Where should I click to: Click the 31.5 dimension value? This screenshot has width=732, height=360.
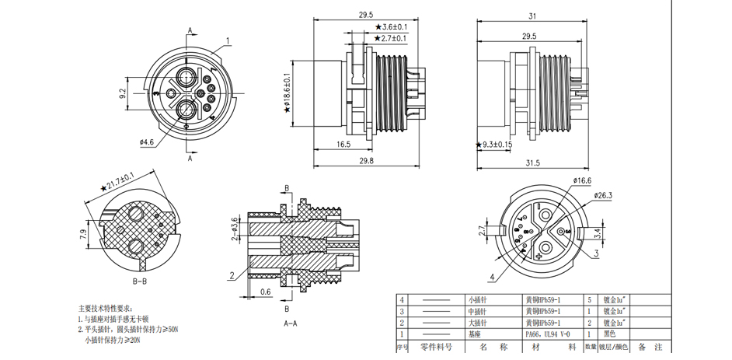(x=532, y=162)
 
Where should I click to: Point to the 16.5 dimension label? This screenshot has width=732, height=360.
(x=343, y=145)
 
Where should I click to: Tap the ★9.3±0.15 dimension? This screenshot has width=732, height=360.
(x=493, y=145)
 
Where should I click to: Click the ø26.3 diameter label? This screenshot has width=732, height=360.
(x=604, y=195)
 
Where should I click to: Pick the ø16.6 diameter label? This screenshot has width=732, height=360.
(x=582, y=180)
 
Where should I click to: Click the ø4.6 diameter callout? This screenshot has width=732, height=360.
(x=147, y=142)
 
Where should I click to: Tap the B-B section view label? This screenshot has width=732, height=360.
(x=141, y=281)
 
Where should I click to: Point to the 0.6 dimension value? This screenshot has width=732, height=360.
(x=267, y=292)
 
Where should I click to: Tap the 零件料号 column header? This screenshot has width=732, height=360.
(x=436, y=347)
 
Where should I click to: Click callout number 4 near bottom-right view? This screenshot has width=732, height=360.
(x=492, y=277)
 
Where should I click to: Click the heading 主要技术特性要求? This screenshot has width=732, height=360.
(x=110, y=308)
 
